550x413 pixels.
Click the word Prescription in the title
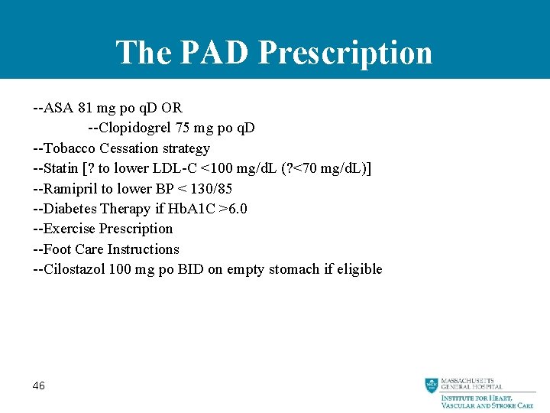point(345,53)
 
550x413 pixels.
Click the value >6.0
point(233,209)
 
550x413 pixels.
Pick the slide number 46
point(39,386)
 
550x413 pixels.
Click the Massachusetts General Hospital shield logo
point(432,385)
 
